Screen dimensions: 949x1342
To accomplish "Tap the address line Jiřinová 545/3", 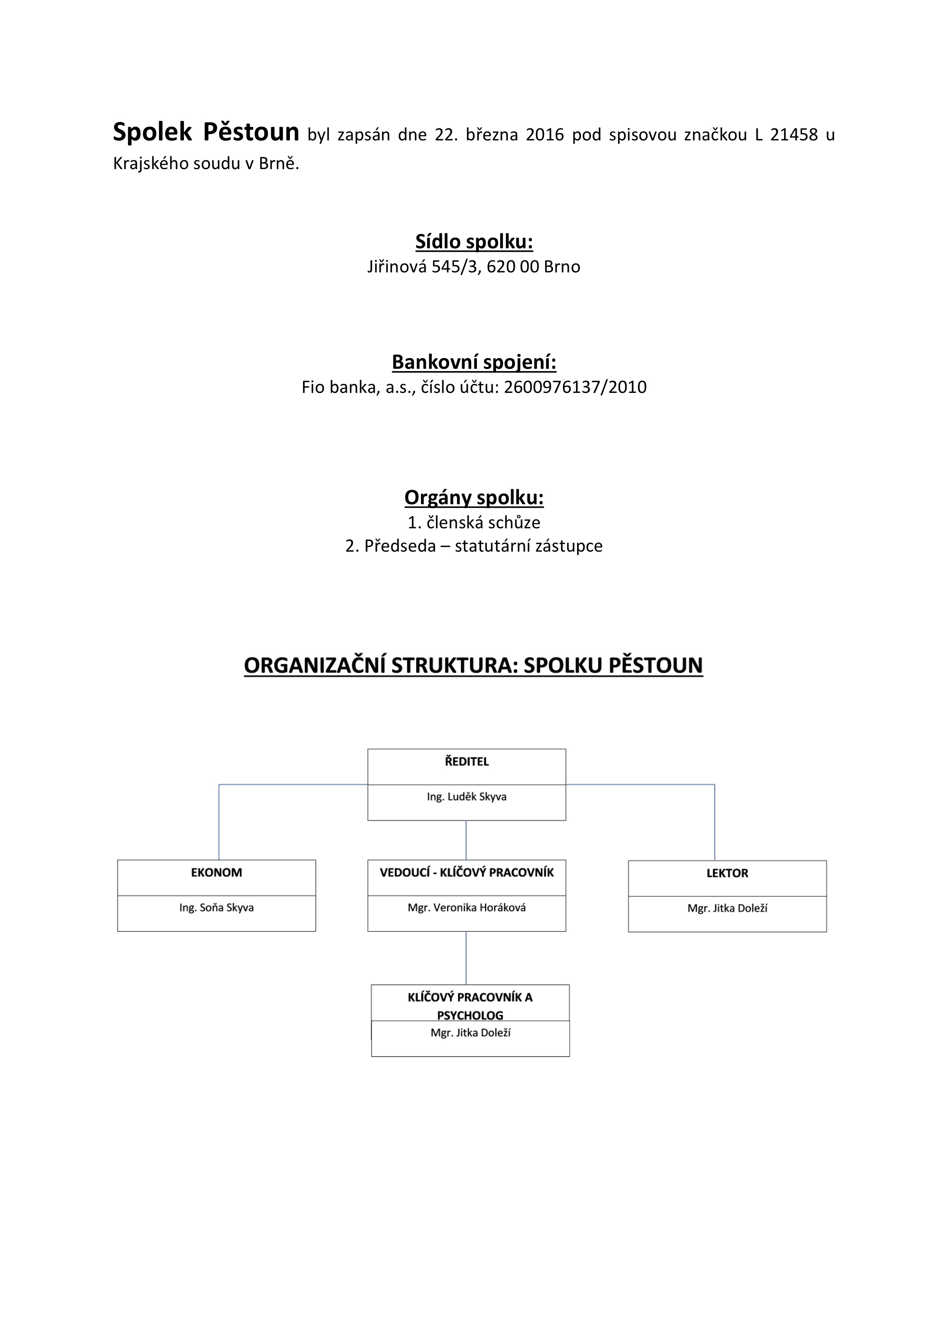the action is [422, 267].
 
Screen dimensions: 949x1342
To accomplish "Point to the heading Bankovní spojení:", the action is [474, 362].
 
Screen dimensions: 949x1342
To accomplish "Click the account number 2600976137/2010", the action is [575, 387].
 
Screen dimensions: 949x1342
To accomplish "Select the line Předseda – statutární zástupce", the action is [483, 546].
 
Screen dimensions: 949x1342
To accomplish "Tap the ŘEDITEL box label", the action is [466, 762].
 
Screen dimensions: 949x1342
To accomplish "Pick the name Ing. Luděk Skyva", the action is [466, 796].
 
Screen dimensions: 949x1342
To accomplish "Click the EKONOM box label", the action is [216, 872].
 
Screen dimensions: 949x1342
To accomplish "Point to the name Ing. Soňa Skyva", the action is [216, 908].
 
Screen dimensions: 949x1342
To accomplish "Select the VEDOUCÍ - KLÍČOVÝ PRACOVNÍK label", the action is [466, 872].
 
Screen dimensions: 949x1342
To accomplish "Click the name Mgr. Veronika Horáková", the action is [466, 908].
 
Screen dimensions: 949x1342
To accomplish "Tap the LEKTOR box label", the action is [727, 873].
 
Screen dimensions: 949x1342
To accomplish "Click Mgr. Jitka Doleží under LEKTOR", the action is [727, 908].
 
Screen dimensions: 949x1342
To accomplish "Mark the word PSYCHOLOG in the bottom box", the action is [470, 1015].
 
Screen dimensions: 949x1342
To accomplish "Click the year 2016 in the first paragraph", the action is [545, 135].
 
